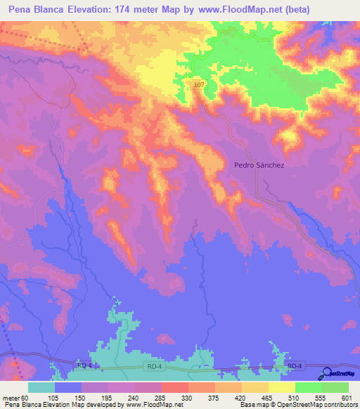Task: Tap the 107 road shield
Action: pyautogui.click(x=199, y=84)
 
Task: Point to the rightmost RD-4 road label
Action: pyautogui.click(x=295, y=365)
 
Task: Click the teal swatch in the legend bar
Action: pyautogui.click(x=41, y=387)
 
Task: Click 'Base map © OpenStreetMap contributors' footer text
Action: pyautogui.click(x=295, y=405)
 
